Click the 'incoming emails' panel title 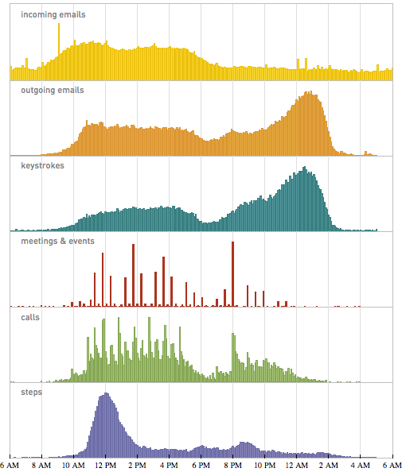click(x=53, y=15)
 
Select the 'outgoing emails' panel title click(x=53, y=91)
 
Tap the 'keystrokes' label click(x=44, y=166)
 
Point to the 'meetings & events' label click(x=57, y=241)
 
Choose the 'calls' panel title click(x=30, y=317)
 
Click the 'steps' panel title click(x=32, y=392)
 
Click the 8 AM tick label click(x=41, y=465)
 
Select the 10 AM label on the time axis click(x=73, y=465)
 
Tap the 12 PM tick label click(x=105, y=465)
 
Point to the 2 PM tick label click(x=137, y=465)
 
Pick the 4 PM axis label click(x=169, y=465)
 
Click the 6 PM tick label click(x=201, y=465)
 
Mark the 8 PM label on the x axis click(x=232, y=465)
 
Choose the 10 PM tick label click(x=264, y=465)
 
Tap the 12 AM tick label click(x=296, y=465)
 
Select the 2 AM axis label click(x=328, y=465)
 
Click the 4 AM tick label click(x=360, y=465)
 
